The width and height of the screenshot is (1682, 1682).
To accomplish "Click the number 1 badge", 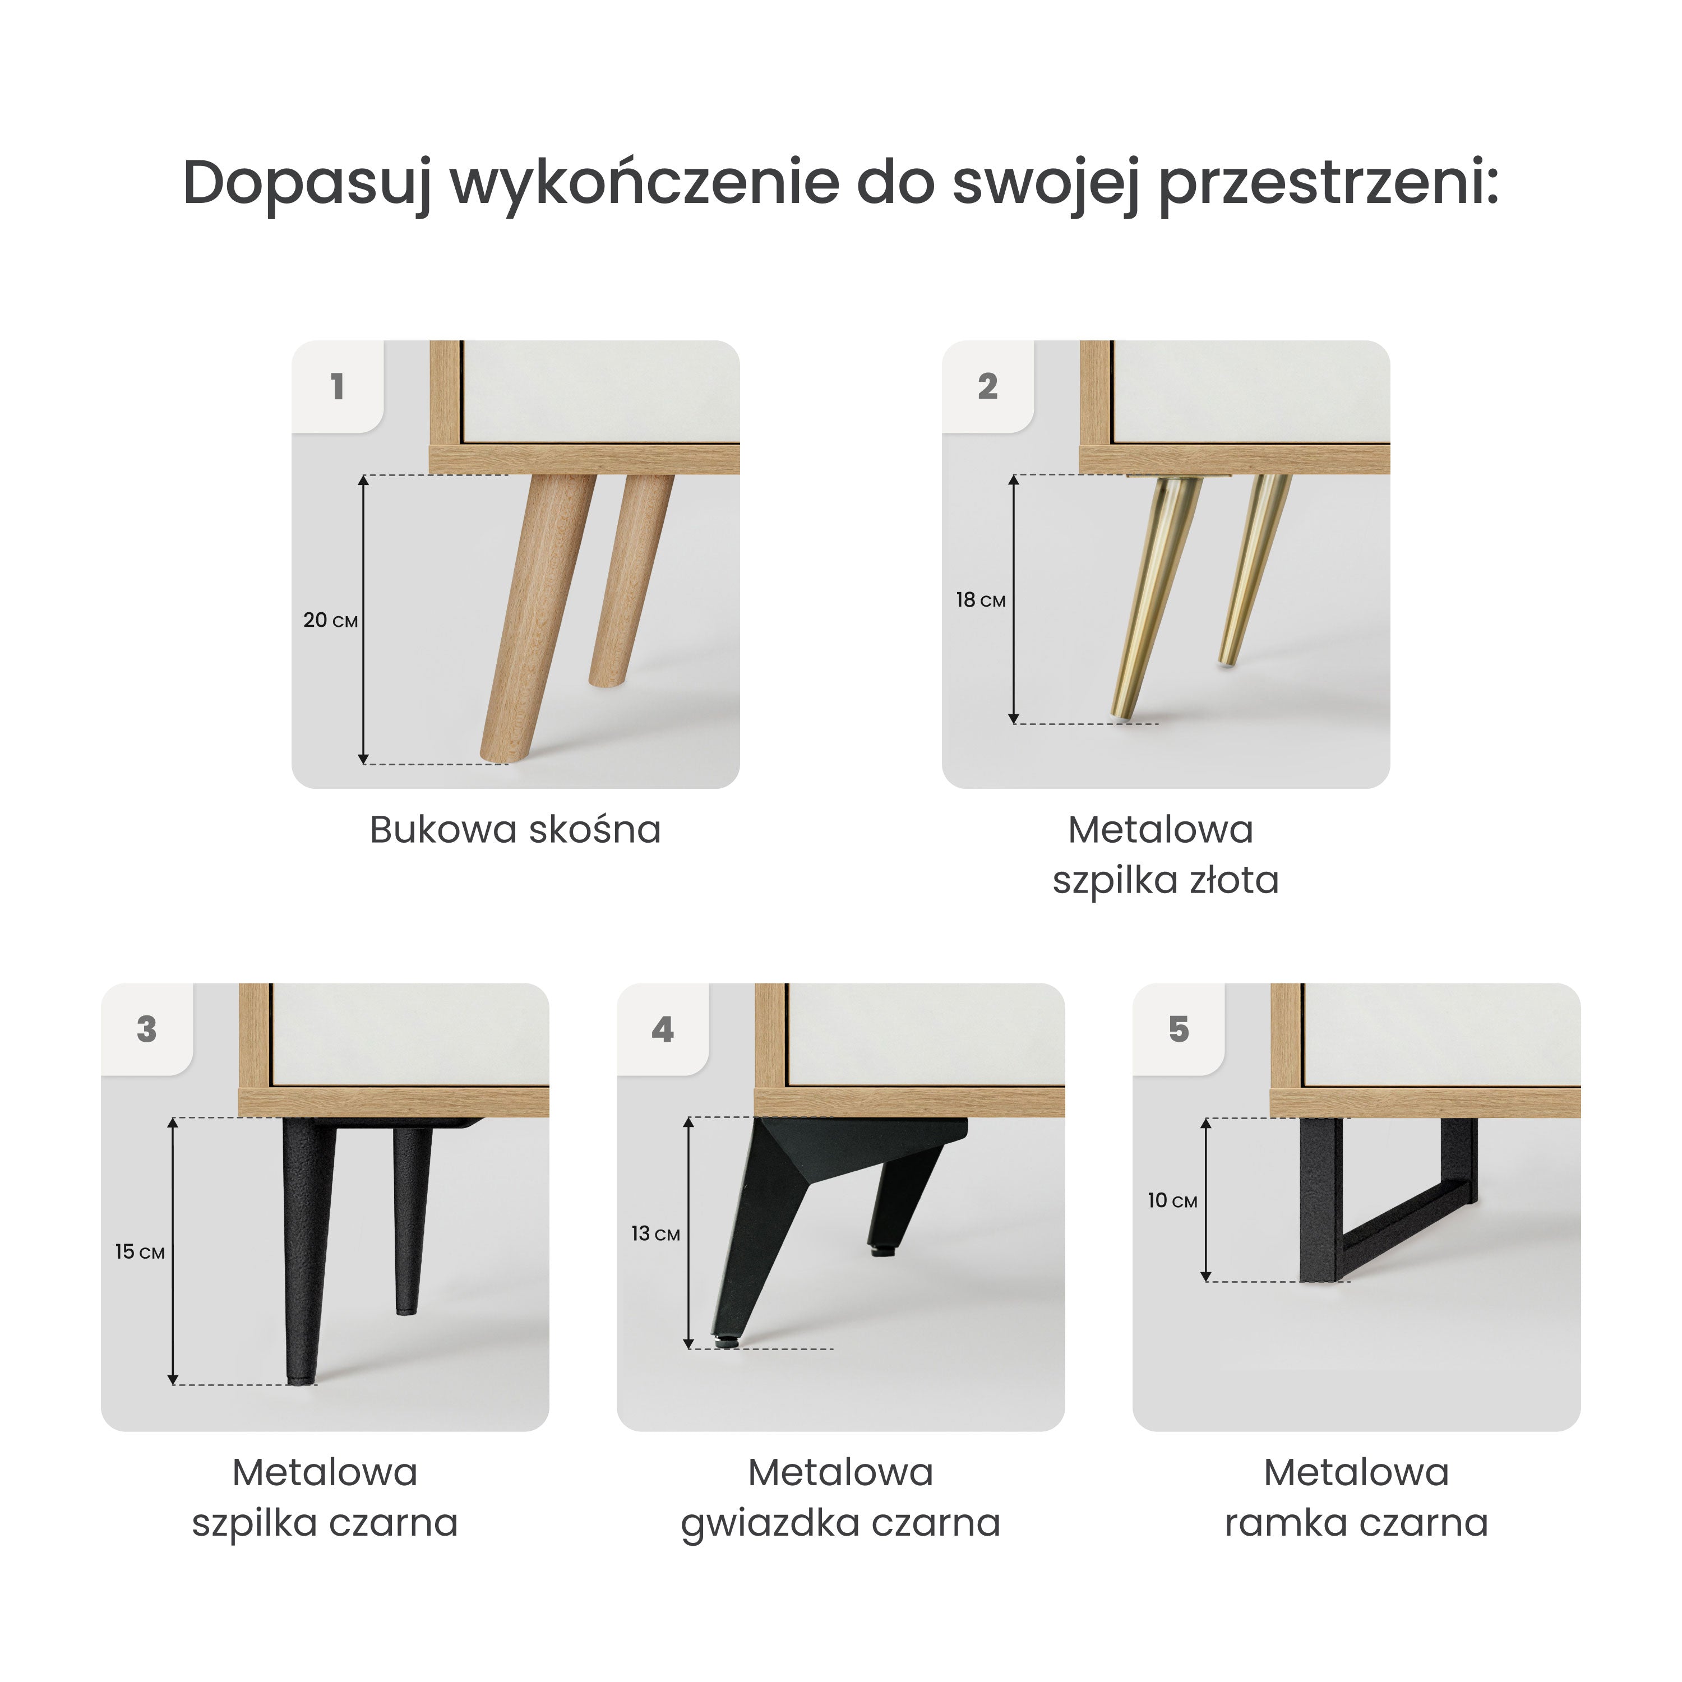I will pyautogui.click(x=338, y=386).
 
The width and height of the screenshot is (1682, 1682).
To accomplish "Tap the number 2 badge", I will pyautogui.click(x=987, y=386).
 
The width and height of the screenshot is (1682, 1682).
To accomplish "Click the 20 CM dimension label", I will pyautogui.click(x=330, y=621).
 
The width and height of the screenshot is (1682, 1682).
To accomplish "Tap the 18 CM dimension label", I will pyautogui.click(x=980, y=600).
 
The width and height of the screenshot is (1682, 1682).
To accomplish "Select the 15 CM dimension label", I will pyautogui.click(x=139, y=1252).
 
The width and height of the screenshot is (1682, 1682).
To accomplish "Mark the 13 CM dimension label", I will pyautogui.click(x=655, y=1233).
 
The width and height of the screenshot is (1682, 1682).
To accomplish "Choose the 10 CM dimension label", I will pyautogui.click(x=1172, y=1200).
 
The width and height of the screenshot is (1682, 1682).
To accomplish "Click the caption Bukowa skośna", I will pyautogui.click(x=515, y=830).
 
